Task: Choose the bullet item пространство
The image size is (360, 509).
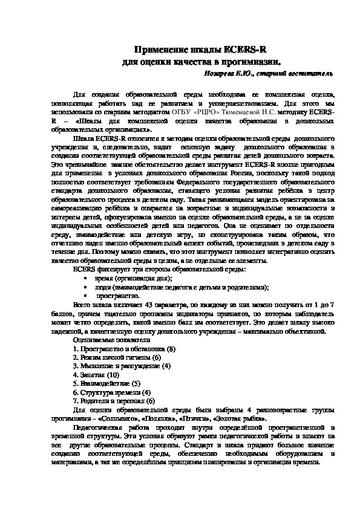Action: (117, 296)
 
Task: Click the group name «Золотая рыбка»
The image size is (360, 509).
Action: (240, 418)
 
